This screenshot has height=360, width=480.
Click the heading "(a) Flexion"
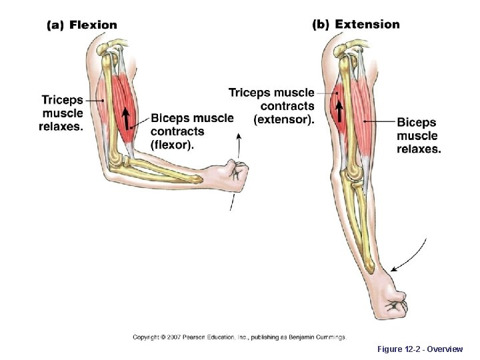(81, 25)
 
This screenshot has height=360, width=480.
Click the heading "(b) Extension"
(356, 25)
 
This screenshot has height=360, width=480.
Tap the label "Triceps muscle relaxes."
(63, 113)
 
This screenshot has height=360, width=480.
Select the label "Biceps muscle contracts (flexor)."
(191, 131)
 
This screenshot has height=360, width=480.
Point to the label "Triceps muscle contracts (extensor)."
(271, 106)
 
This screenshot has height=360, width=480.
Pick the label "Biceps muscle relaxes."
(418, 135)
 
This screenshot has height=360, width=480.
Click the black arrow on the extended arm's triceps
(339, 111)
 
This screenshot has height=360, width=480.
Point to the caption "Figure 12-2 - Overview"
(419, 349)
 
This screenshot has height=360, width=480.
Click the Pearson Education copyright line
(239, 337)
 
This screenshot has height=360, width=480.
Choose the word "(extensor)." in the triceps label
(284, 120)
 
